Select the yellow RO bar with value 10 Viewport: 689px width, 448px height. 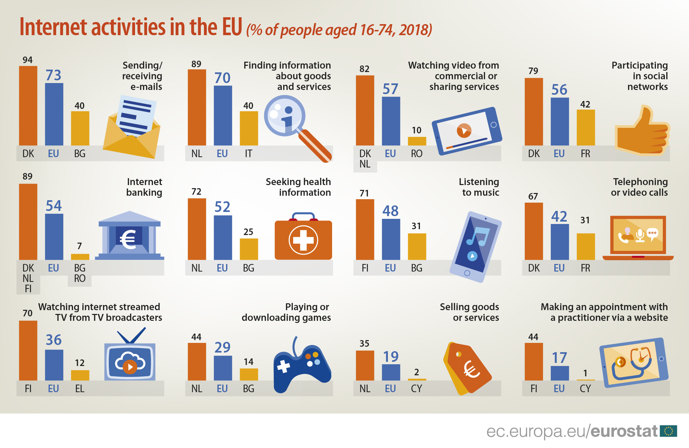pos(417,141)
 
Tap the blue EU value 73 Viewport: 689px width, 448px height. pos(53,75)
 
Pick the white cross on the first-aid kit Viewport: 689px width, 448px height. pos(303,240)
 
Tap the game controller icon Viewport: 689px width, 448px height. pos(301,365)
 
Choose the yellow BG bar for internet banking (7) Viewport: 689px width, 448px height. pos(80,257)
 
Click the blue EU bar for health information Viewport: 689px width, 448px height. pos(223,237)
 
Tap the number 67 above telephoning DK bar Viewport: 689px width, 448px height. pos(533,196)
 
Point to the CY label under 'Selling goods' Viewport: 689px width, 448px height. pos(417,389)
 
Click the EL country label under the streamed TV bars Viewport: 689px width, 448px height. pos(80,389)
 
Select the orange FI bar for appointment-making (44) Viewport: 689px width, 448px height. pos(534,362)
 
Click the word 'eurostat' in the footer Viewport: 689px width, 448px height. pos(624,431)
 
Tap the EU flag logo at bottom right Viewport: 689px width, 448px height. pos(669,431)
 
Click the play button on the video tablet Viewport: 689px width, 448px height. pos(464,131)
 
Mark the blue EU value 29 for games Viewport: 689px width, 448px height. pos(222,347)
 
